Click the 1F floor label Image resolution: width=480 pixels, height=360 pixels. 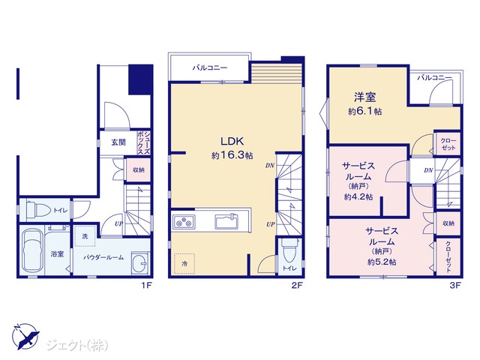(x=147, y=286)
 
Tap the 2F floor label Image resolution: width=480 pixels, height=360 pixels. (x=297, y=286)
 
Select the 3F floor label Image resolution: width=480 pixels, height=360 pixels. (x=455, y=286)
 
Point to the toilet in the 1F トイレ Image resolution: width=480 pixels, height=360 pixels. (x=38, y=210)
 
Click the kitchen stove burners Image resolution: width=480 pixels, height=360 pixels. (x=184, y=222)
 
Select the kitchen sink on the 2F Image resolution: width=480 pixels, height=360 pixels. (x=226, y=221)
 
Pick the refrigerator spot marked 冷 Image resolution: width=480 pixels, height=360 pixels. (x=184, y=263)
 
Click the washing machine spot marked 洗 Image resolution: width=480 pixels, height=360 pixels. (x=85, y=236)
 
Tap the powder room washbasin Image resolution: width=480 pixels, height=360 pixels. (x=140, y=262)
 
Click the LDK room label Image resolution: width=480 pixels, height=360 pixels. (x=232, y=141)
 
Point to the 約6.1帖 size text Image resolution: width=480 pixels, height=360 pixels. (x=365, y=111)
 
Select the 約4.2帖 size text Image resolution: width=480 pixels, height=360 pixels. (x=358, y=196)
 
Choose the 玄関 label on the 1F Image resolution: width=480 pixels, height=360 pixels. (x=118, y=142)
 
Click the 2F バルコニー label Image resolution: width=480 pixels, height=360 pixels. (x=210, y=67)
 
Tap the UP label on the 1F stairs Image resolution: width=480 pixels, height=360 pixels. (x=118, y=223)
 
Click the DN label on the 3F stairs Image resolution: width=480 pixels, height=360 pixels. (x=428, y=170)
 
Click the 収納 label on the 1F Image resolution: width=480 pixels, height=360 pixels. (x=138, y=170)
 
